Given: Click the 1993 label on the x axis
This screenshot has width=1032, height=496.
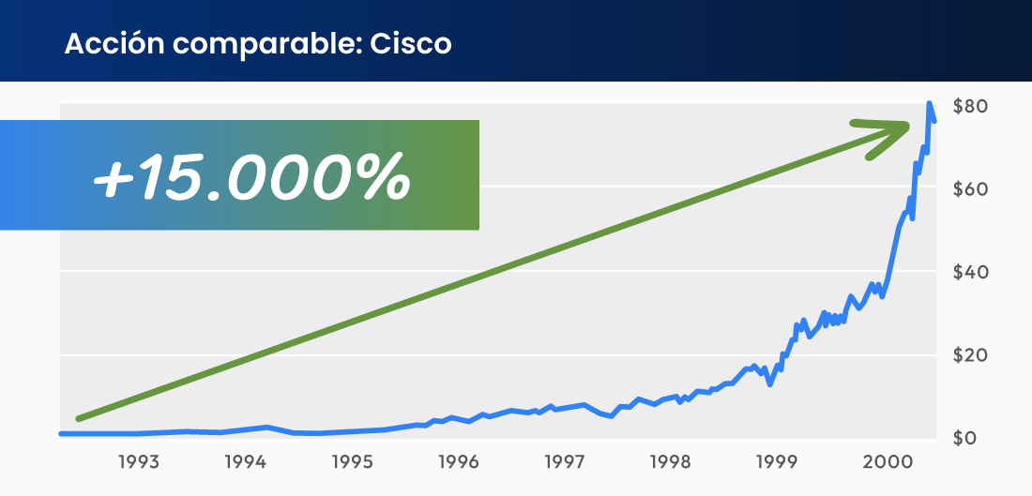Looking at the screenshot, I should [x=138, y=462].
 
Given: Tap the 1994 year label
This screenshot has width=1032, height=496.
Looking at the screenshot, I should [x=244, y=462].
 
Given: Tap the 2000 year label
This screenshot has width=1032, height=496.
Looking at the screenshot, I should [x=884, y=462].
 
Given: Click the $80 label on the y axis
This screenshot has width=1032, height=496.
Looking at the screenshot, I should [x=968, y=106].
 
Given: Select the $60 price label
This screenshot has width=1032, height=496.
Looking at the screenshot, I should [x=968, y=189].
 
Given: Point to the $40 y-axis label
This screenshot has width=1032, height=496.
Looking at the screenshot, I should [x=968, y=273].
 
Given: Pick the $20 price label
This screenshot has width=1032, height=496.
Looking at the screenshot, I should [x=968, y=356].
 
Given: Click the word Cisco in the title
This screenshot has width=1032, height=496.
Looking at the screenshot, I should [x=411, y=44].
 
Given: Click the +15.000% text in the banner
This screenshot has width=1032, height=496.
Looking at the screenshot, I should [x=251, y=175].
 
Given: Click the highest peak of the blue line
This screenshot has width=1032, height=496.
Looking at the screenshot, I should [x=929, y=103].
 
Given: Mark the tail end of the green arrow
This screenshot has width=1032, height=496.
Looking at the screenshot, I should [x=80, y=418].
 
